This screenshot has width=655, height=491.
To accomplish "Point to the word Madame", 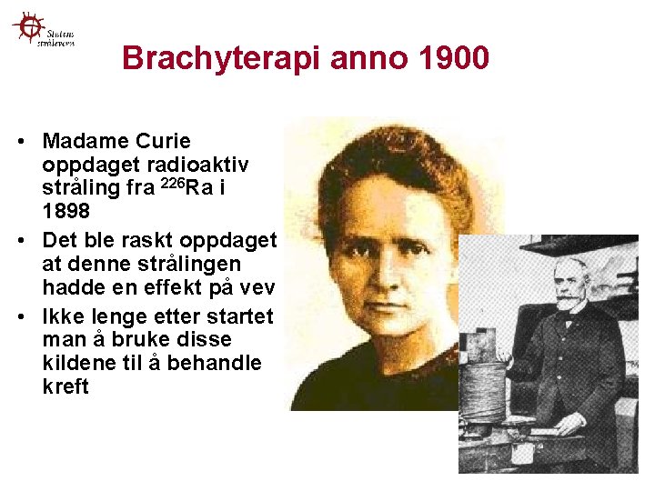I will click(82, 142).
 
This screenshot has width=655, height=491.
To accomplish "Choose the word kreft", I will click(65, 387).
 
